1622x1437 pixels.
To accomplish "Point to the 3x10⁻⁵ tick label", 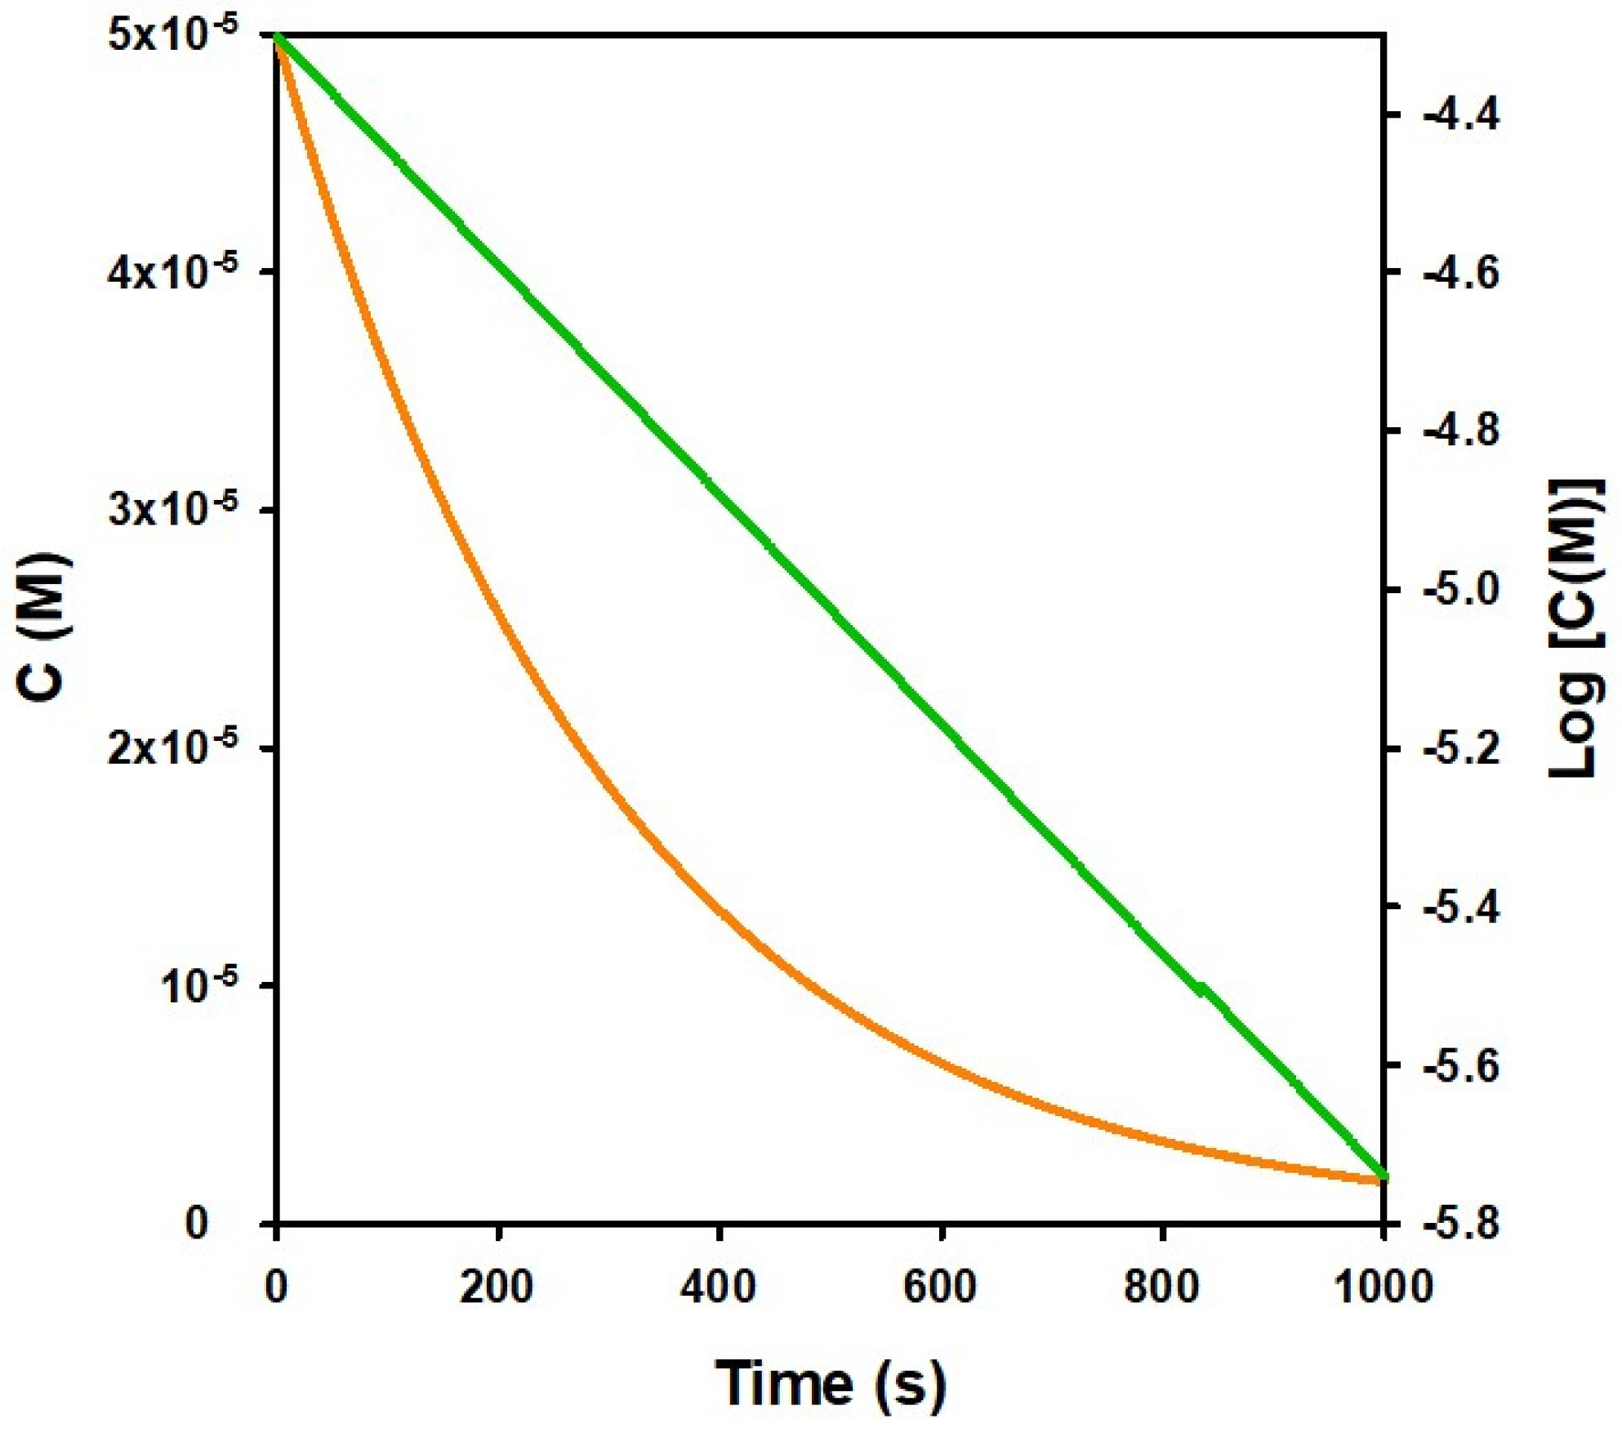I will pyautogui.click(x=172, y=510).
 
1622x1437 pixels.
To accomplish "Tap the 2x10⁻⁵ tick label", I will pyautogui.click(x=172, y=747).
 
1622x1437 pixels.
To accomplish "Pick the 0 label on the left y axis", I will pyautogui.click(x=197, y=1223).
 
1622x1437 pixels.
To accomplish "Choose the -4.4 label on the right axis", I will pyautogui.click(x=1462, y=115).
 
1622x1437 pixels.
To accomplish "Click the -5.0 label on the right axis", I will pyautogui.click(x=1462, y=589).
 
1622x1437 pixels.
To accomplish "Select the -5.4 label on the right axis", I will pyautogui.click(x=1462, y=907).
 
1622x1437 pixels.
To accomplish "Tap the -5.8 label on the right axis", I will pyautogui.click(x=1462, y=1223).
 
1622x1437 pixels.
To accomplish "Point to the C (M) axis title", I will pyautogui.click(x=44, y=625).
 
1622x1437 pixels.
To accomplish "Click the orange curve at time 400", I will pyautogui.click(x=720, y=907).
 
